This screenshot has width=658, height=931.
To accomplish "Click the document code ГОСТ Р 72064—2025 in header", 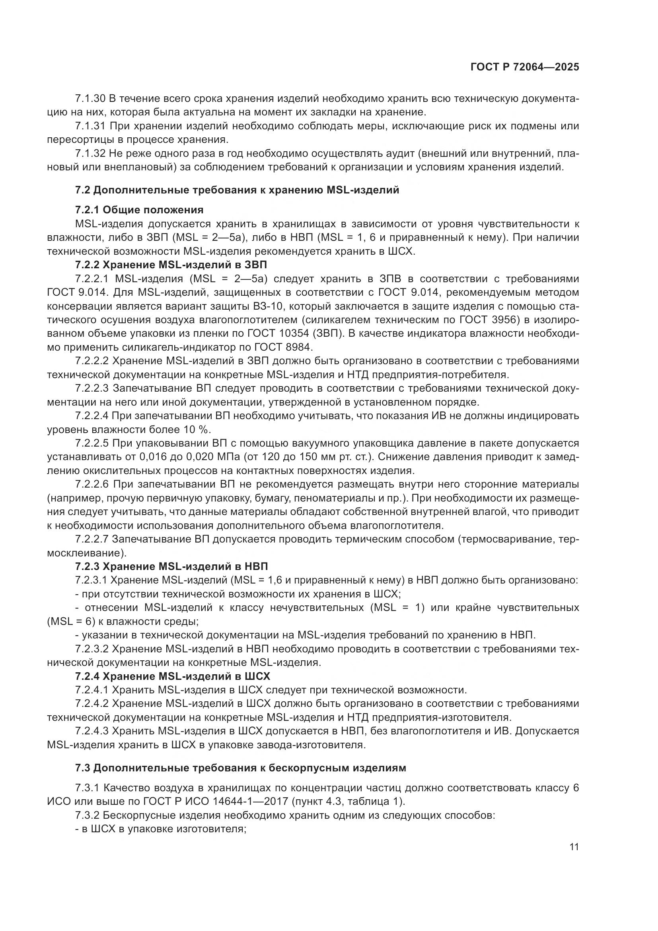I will tap(525, 67).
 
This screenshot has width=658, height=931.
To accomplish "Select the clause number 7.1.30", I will tap(90, 99).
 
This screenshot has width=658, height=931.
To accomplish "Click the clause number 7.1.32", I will tap(90, 153).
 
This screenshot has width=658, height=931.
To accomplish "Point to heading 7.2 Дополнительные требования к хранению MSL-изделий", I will tap(237, 190).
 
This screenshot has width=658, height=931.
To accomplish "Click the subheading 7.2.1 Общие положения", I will tap(139, 210).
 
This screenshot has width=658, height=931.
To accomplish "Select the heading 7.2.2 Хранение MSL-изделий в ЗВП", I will tap(171, 265).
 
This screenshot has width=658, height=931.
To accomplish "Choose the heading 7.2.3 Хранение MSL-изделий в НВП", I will tap(171, 566).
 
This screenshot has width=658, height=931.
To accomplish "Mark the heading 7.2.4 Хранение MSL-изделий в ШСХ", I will tap(173, 676).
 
